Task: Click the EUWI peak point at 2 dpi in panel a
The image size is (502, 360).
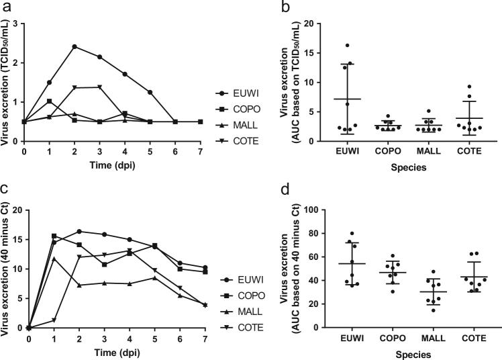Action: pyautogui.click(x=74, y=46)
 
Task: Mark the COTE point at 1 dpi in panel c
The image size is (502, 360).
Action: pyautogui.click(x=54, y=320)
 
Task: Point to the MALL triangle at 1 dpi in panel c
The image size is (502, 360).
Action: pyautogui.click(x=54, y=259)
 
